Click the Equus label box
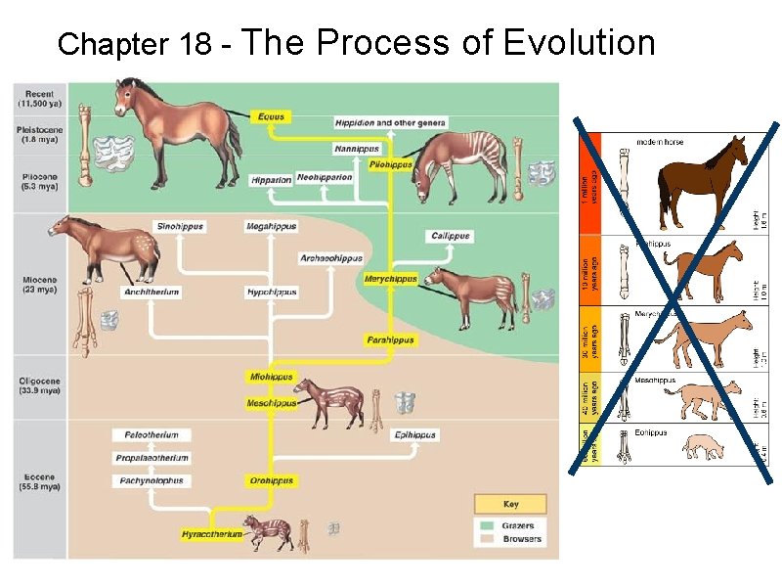point(271,116)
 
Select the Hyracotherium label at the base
point(211,534)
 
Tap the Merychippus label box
point(391,279)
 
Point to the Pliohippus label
point(390,164)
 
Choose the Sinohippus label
point(180,226)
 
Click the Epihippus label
point(414,434)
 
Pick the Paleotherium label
point(151,434)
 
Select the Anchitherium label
point(151,292)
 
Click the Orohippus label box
point(271,480)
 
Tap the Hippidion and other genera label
point(390,123)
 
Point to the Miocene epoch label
point(40,285)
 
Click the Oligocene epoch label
point(40,384)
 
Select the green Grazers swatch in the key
point(488,525)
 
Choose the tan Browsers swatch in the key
point(488,539)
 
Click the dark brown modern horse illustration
point(702,174)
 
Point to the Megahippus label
point(271,226)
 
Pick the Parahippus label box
point(390,340)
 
